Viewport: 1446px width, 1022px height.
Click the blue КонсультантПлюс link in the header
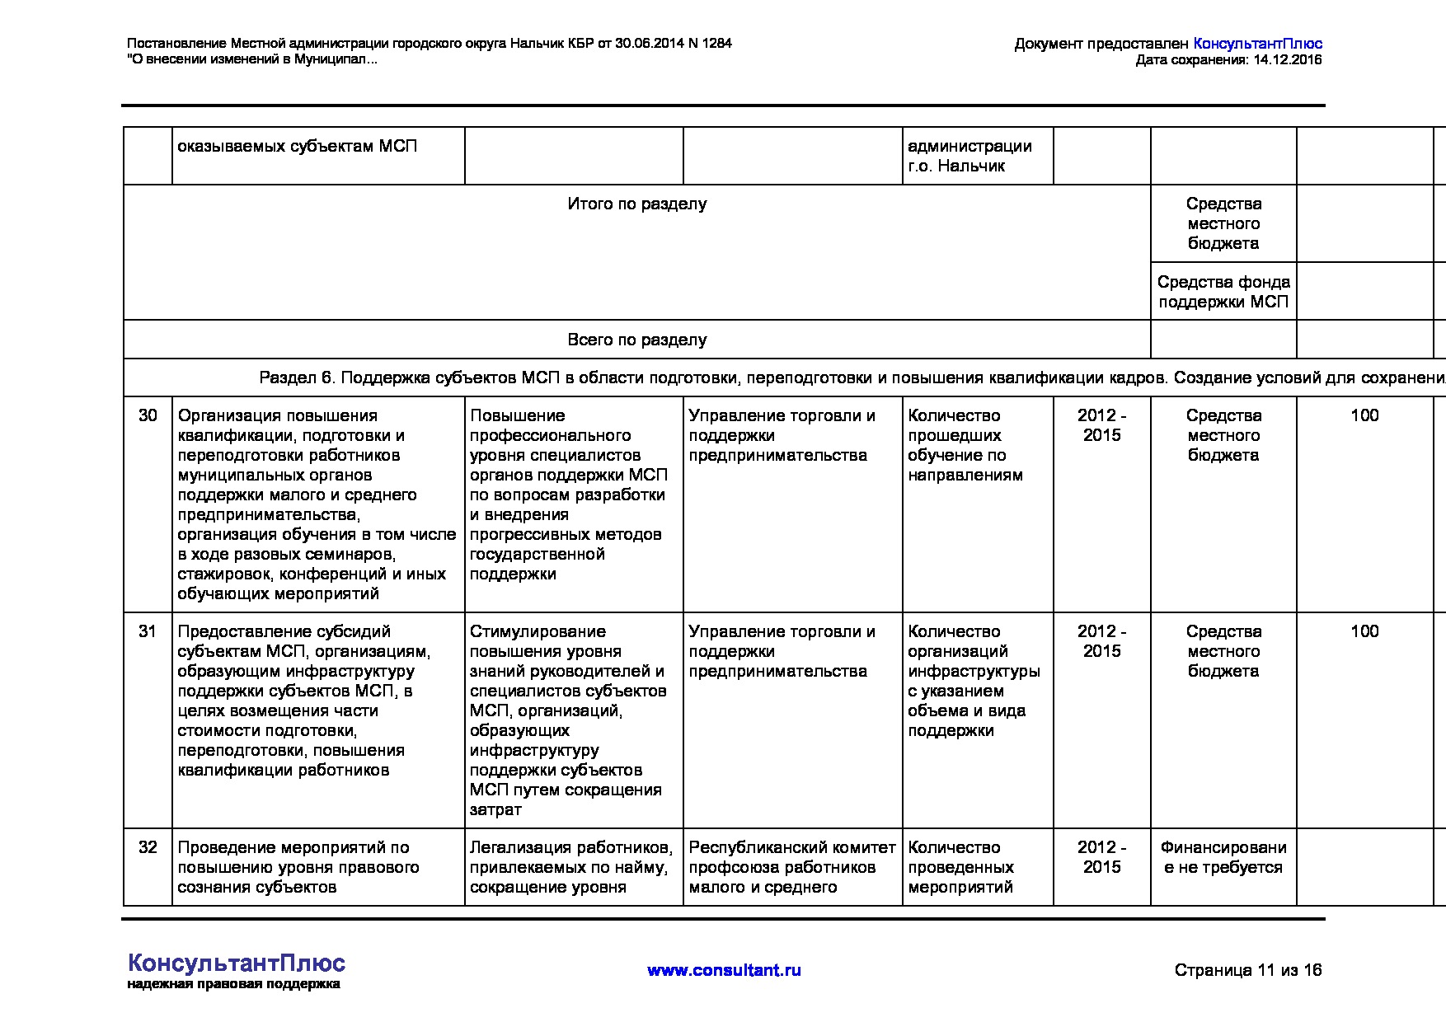click(1257, 44)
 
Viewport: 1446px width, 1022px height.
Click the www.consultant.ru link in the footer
click(724, 970)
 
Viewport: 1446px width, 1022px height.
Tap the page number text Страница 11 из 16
click(1247, 970)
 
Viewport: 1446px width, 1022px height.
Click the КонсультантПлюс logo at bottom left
click(237, 964)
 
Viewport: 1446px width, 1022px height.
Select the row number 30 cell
click(148, 415)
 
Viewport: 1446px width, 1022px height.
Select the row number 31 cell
click(148, 631)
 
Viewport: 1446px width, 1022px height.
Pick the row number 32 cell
click(148, 847)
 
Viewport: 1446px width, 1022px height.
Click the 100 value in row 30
click(1364, 415)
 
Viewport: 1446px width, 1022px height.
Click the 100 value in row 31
click(1364, 631)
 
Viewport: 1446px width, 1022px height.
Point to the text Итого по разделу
click(636, 204)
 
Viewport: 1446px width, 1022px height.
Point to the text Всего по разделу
click(636, 340)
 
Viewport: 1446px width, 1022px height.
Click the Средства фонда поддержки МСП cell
click(1223, 292)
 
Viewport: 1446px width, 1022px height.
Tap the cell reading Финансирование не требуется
click(1223, 857)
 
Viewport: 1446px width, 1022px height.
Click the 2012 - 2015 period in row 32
click(1101, 857)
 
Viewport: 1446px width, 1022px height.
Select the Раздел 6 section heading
click(783, 378)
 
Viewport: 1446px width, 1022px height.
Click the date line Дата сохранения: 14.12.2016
click(1228, 60)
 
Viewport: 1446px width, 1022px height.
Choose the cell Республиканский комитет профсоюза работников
click(791, 867)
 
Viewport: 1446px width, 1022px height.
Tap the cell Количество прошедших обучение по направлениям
click(965, 445)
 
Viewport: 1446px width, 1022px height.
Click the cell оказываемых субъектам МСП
click(298, 147)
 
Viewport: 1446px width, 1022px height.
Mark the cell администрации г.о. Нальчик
click(969, 156)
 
